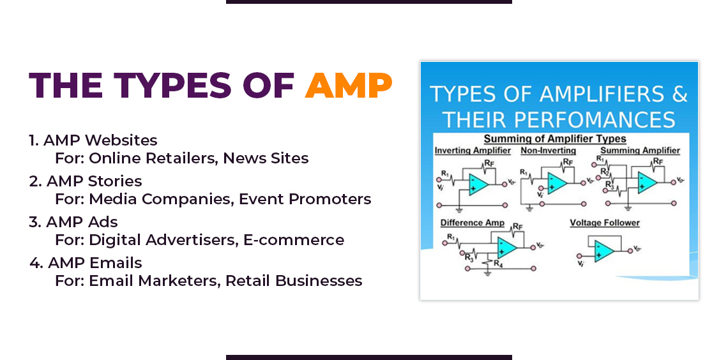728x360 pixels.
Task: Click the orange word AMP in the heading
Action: tap(349, 86)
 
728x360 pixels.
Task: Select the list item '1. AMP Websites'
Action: tap(93, 140)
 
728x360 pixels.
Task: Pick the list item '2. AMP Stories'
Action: tap(86, 181)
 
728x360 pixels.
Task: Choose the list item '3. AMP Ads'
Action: tap(73, 221)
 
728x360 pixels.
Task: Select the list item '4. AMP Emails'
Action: tap(86, 262)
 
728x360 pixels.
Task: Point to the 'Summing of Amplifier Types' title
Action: tap(555, 139)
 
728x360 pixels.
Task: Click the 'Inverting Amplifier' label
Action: tap(473, 151)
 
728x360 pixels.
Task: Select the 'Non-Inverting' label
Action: tap(548, 151)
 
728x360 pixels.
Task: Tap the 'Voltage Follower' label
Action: tap(605, 223)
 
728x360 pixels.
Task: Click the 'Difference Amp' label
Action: tap(472, 223)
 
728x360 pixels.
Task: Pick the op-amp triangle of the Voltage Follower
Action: tap(602, 251)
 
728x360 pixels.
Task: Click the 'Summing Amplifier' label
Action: tap(640, 151)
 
